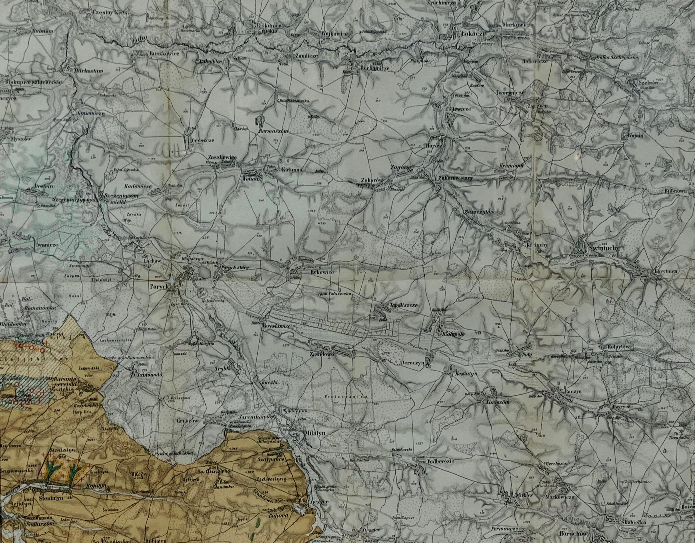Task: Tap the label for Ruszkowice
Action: [x=164, y=54]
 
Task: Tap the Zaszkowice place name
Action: [x=222, y=157]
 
